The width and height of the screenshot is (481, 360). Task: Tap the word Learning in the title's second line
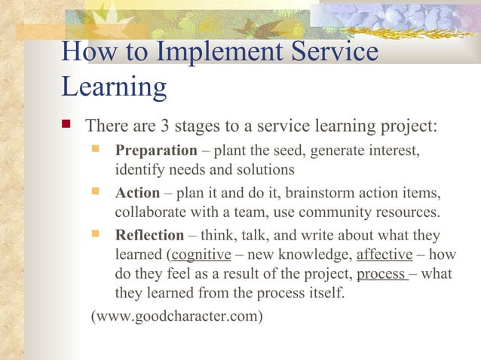click(113, 87)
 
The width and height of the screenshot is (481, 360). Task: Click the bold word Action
click(137, 193)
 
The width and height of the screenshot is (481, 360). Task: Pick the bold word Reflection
click(149, 235)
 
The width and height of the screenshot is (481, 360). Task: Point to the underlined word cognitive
click(201, 255)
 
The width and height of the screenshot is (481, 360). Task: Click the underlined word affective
click(384, 255)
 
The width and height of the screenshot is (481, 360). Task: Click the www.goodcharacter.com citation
click(176, 316)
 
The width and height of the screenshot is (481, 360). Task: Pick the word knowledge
click(312, 255)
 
